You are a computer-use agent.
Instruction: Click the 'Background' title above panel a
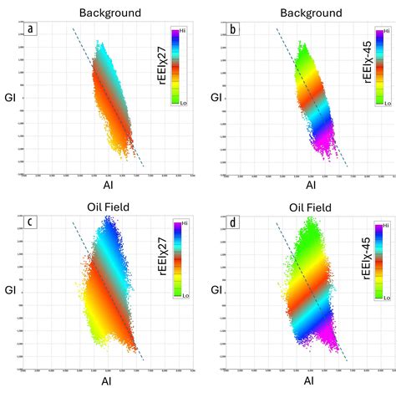109,13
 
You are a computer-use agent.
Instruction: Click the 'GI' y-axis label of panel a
10,99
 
